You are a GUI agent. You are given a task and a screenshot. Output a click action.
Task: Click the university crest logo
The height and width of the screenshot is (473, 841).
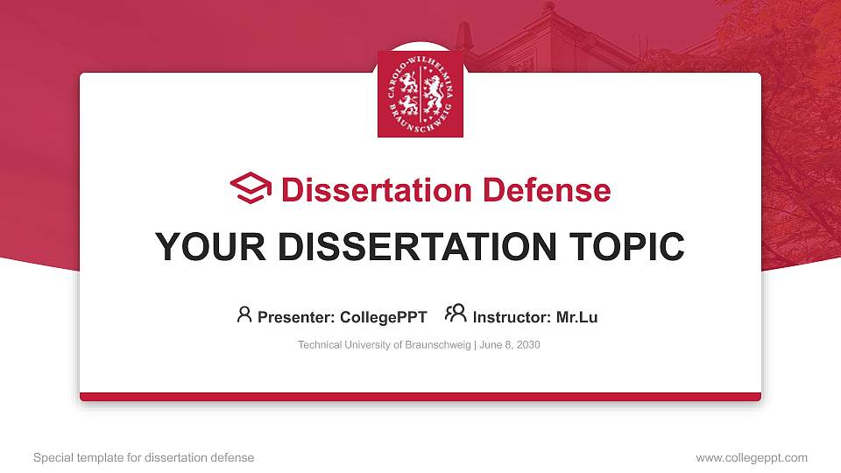[x=420, y=94]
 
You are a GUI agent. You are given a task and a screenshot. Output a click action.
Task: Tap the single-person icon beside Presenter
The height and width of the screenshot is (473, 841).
[x=244, y=314]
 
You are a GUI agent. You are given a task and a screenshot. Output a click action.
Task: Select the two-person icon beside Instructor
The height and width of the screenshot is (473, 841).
[x=456, y=314]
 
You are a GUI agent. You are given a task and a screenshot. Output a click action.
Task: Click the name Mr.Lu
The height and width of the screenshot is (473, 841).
[x=576, y=317]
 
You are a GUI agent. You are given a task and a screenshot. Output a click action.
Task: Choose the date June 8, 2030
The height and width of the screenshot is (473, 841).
[x=510, y=345]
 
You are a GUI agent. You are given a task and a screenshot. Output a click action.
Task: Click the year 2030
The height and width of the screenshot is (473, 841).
[x=528, y=345]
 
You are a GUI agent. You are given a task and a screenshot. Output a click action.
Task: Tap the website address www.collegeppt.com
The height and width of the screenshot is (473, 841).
[x=752, y=457]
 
